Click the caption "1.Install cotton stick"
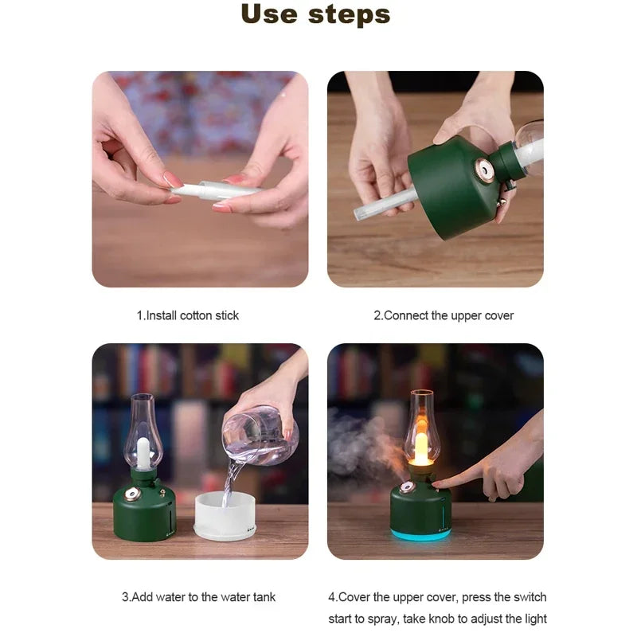click(x=187, y=315)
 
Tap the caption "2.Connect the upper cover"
click(x=444, y=315)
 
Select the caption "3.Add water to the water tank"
click(x=198, y=596)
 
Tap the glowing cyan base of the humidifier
click(x=420, y=534)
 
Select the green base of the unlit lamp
click(x=144, y=514)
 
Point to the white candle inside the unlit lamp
click(x=143, y=452)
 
